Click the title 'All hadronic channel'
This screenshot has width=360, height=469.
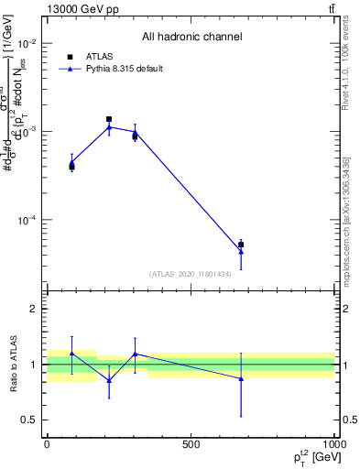point(191,37)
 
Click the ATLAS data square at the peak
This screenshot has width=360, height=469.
point(109,119)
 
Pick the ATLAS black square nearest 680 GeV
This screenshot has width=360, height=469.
point(241,245)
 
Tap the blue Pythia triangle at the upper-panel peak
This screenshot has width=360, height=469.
point(109,127)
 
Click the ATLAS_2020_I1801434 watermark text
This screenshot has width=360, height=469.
point(191,274)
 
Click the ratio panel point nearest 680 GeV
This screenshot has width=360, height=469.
point(241,378)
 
